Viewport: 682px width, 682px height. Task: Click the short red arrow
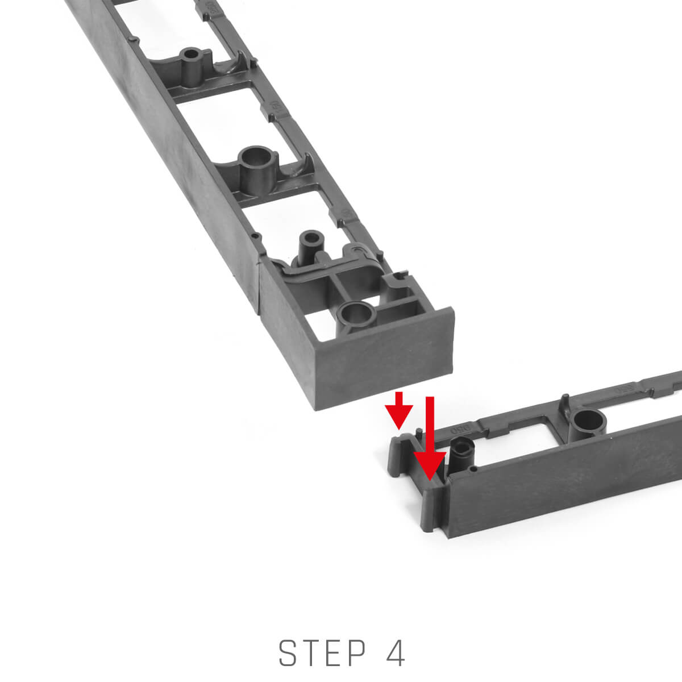(399, 410)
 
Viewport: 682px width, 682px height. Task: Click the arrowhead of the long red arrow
(430, 465)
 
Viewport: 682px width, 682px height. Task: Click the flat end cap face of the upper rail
(384, 359)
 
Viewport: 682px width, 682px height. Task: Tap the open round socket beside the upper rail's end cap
(356, 315)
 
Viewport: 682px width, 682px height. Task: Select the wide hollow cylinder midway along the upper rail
(257, 170)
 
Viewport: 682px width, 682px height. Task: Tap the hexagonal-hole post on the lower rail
(463, 455)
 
